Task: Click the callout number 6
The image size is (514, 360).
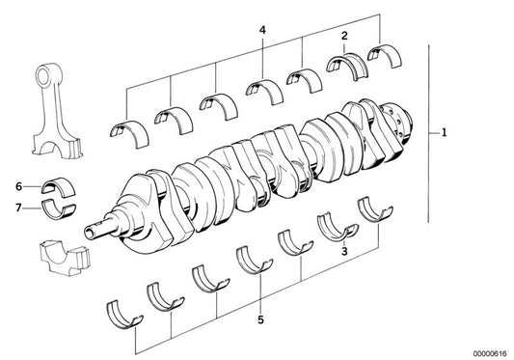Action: point(18,185)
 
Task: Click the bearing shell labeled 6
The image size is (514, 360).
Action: point(56,185)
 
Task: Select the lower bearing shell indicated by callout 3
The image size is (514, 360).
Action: point(332,227)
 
